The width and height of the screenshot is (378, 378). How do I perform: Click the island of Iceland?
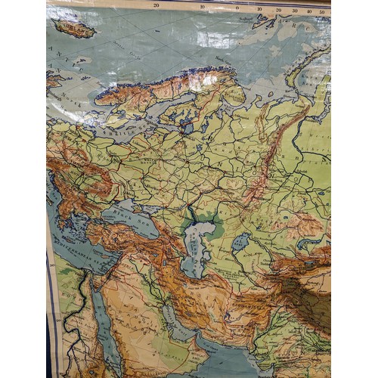pos(75,29)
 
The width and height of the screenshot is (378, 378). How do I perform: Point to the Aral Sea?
pos(240,243)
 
